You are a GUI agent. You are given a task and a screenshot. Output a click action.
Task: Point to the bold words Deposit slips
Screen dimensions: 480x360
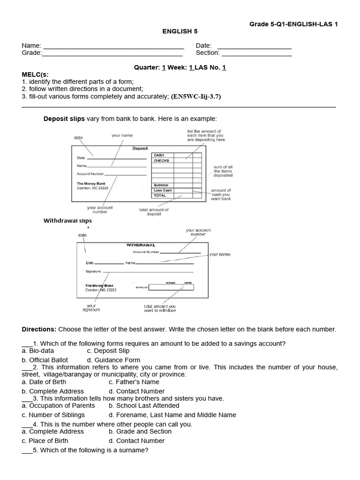click(x=64, y=119)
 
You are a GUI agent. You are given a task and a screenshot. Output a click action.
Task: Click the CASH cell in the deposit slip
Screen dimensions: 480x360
click(x=159, y=155)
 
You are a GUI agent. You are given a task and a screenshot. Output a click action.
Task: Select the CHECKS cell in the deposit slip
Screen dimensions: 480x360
click(x=162, y=160)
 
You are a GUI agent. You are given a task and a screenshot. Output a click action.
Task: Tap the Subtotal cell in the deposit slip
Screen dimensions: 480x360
click(x=161, y=185)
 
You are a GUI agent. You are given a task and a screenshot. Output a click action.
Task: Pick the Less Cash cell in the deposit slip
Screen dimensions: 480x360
click(x=163, y=190)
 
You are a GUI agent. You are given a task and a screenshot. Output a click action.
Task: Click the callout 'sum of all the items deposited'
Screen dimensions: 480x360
click(x=223, y=171)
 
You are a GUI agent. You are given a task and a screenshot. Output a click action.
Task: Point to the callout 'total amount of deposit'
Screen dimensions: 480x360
click(x=154, y=212)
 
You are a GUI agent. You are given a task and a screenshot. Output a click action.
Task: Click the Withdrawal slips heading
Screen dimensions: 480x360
click(x=67, y=220)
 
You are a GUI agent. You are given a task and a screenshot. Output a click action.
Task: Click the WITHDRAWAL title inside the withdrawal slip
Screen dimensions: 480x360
click(x=141, y=245)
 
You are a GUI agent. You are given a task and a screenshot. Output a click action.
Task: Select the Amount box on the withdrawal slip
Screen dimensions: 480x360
click(x=171, y=287)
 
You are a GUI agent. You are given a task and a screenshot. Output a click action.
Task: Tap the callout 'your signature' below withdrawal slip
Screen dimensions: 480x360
click(x=91, y=307)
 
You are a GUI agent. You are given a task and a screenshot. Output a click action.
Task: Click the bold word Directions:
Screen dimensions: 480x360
click(x=39, y=330)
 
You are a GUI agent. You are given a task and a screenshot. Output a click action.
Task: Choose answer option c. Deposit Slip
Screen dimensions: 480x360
click(x=108, y=351)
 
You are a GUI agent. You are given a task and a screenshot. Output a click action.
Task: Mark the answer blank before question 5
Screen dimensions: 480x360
click(x=27, y=450)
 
